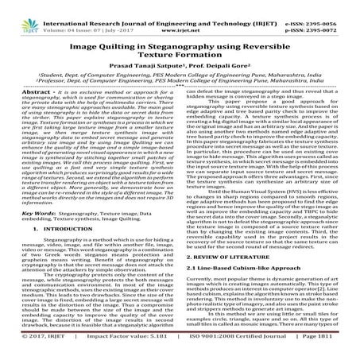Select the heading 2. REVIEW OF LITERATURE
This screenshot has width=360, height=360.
(231, 260)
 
